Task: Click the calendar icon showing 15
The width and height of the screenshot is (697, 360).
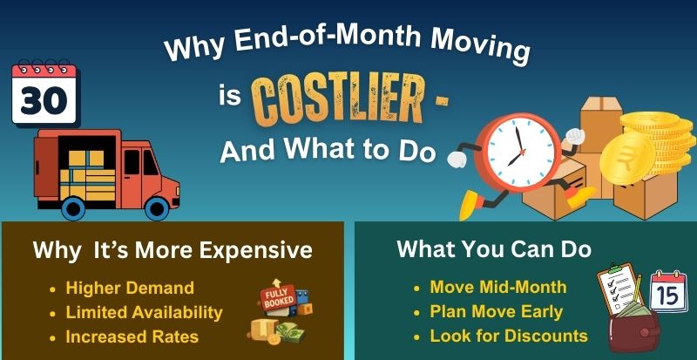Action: pyautogui.click(x=668, y=291)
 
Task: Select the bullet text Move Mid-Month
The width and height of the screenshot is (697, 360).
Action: pyautogui.click(x=498, y=287)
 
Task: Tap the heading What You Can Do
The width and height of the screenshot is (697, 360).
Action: pyautogui.click(x=494, y=249)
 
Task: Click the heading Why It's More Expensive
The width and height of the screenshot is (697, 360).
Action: pyautogui.click(x=173, y=250)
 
